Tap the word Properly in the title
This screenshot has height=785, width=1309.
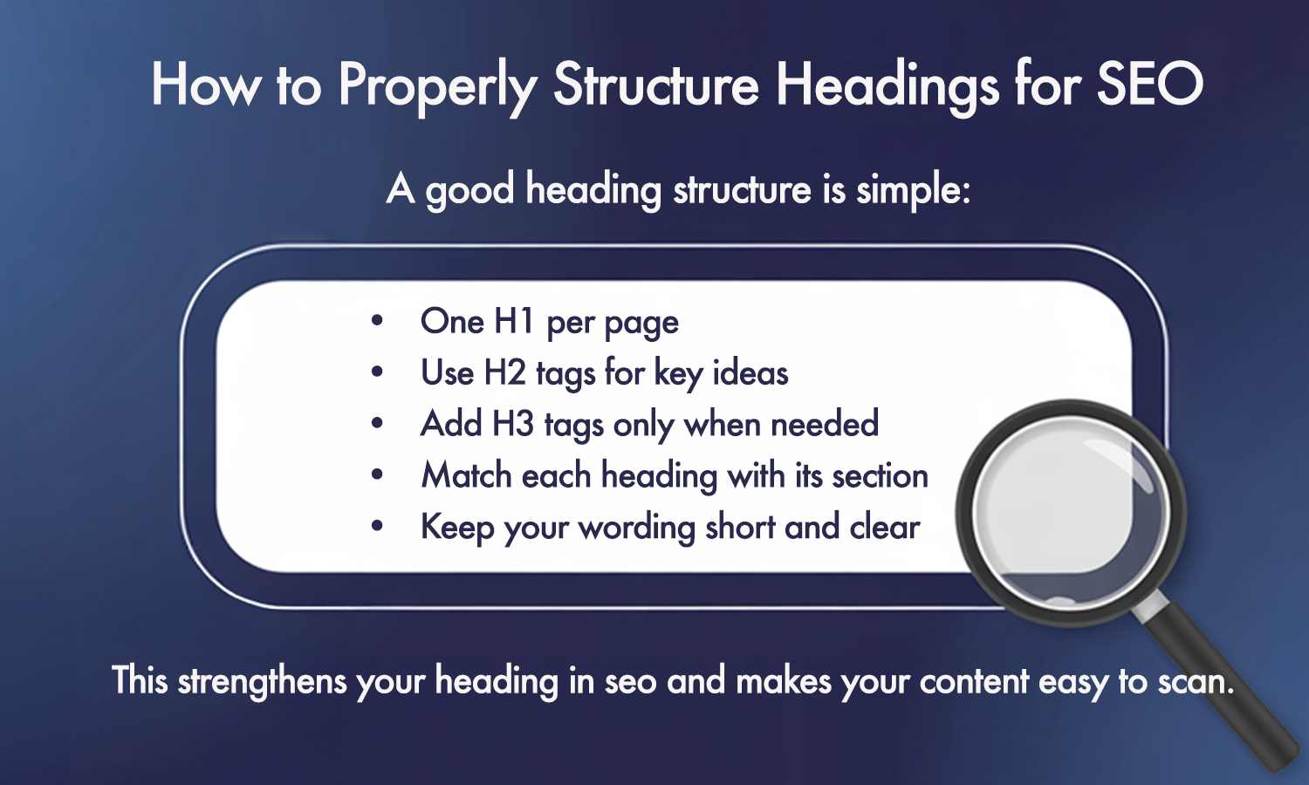click(x=437, y=86)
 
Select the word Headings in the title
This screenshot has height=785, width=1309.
click(x=886, y=86)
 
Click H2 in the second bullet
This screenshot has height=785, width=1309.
click(x=504, y=373)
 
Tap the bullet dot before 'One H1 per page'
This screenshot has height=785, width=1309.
click(x=377, y=321)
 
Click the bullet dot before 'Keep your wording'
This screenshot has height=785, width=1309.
click(x=377, y=527)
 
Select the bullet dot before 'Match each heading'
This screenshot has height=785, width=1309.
click(x=377, y=475)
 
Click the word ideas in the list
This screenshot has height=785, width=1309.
click(x=750, y=373)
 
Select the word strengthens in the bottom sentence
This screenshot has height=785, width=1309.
click(x=262, y=681)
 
